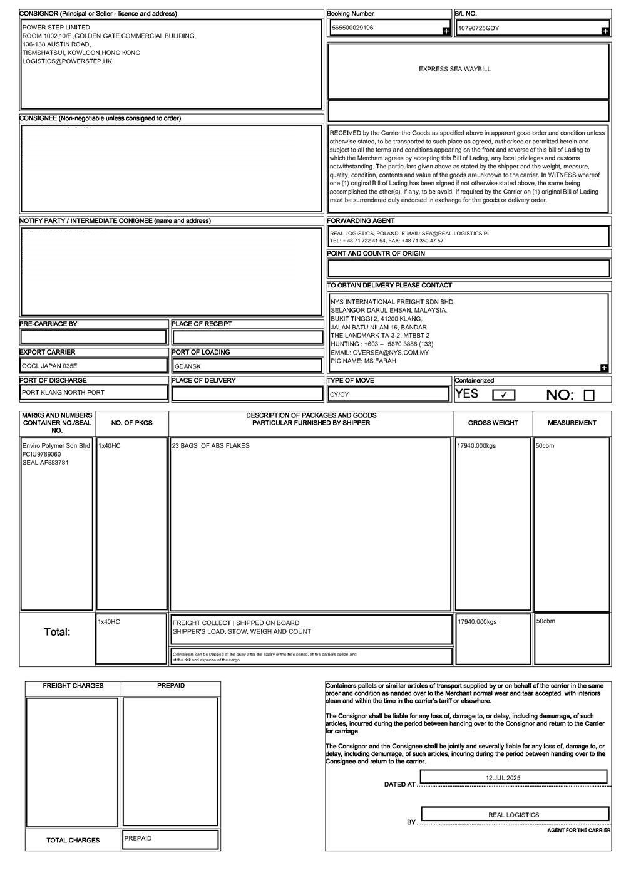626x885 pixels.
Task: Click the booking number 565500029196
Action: click(x=352, y=28)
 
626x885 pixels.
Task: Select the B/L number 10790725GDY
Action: click(x=479, y=29)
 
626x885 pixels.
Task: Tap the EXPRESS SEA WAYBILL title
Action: click(x=454, y=70)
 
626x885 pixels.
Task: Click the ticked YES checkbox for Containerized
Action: click(x=504, y=395)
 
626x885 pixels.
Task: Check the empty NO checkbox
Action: click(x=588, y=395)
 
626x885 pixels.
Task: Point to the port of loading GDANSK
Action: click(x=188, y=366)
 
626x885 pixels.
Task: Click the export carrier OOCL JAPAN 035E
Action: click(x=50, y=366)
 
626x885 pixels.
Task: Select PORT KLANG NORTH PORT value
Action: click(x=63, y=393)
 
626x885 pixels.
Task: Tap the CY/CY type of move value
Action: click(x=339, y=395)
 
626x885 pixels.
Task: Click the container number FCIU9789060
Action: click(x=42, y=454)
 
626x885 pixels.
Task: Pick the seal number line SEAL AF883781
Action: click(x=46, y=463)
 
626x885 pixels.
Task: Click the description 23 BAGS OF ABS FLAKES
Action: click(x=211, y=446)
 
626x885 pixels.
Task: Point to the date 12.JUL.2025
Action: click(x=503, y=778)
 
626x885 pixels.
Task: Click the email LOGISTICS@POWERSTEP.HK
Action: click(x=67, y=61)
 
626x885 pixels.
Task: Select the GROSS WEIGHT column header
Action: click(x=493, y=423)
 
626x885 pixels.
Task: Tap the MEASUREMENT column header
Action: click(x=572, y=423)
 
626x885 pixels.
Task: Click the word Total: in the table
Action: click(x=57, y=632)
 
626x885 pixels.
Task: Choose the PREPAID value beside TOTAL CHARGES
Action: click(x=138, y=838)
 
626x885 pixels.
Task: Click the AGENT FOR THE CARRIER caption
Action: click(x=578, y=830)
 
